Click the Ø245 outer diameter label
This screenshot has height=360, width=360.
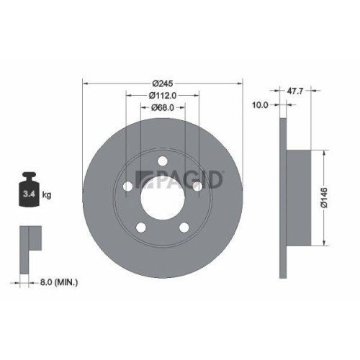162,81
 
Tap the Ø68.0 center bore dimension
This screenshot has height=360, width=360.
163,108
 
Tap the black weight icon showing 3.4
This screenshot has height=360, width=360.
29,192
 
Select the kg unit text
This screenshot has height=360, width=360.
46,194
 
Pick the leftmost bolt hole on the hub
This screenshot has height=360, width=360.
127,186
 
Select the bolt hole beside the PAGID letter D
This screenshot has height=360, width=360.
196,186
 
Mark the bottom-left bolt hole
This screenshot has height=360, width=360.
140,228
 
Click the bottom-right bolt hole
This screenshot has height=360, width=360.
183,228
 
